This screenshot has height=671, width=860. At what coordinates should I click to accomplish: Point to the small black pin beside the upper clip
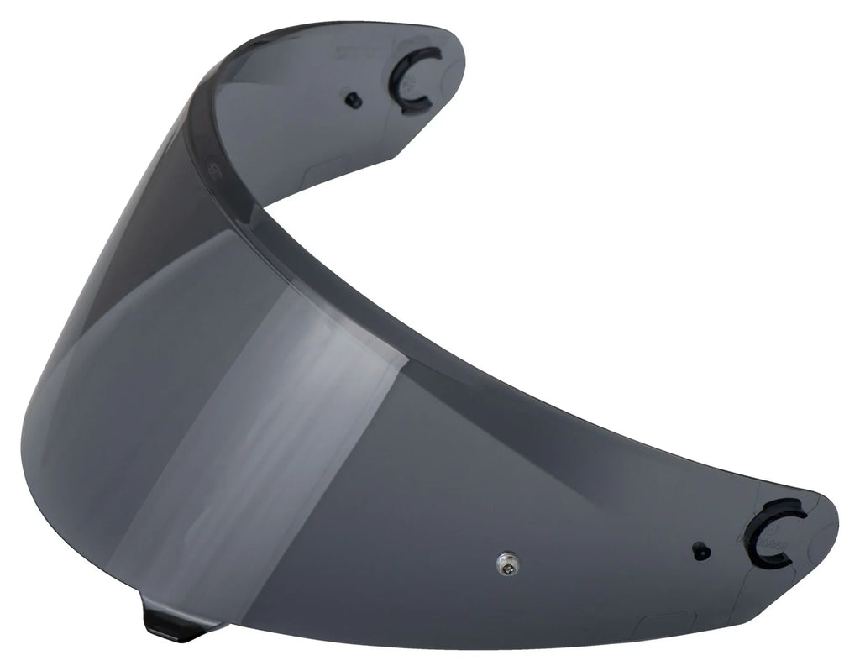point(354,100)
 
